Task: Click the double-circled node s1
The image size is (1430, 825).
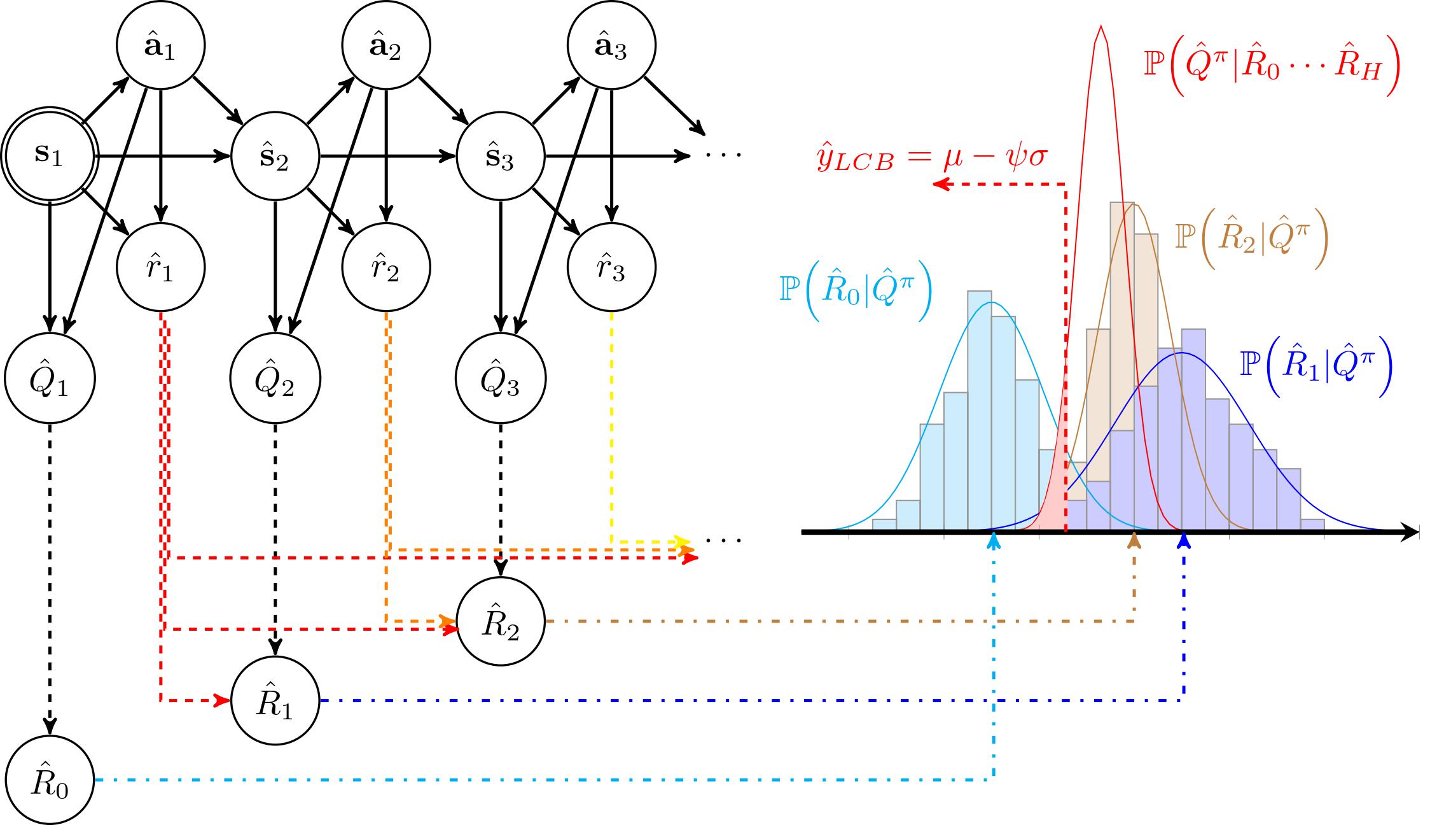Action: pos(50,155)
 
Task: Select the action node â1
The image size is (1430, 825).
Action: pos(161,46)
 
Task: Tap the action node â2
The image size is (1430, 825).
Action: pos(387,46)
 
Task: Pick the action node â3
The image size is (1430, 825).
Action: pos(612,46)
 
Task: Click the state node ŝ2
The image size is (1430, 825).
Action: pos(275,157)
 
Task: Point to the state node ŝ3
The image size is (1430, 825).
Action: pos(501,157)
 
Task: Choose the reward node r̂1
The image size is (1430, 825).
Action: pos(161,267)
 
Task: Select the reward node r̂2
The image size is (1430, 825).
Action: pos(387,267)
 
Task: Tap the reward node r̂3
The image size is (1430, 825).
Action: pos(612,267)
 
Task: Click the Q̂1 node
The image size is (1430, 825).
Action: pos(50,379)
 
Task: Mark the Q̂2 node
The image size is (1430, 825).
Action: pos(275,379)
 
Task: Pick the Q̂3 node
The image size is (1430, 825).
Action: pos(501,379)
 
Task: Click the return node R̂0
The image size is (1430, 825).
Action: pos(50,780)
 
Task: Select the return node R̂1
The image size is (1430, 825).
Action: pos(275,700)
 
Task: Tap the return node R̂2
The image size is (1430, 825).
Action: pos(501,621)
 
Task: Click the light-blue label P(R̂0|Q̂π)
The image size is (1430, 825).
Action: pos(855,292)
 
